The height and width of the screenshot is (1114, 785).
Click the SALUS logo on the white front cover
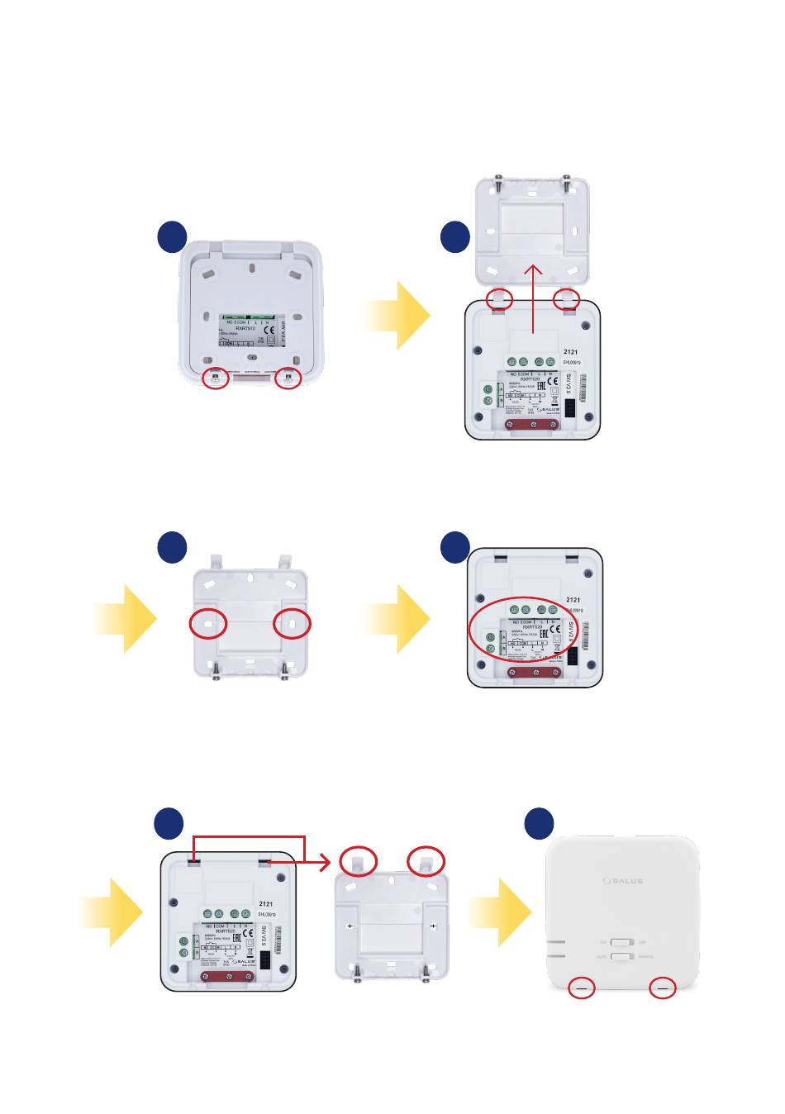pyautogui.click(x=621, y=881)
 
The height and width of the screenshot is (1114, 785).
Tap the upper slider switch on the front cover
pyautogui.click(x=621, y=942)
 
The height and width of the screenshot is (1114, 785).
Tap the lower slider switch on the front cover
pyautogui.click(x=621, y=956)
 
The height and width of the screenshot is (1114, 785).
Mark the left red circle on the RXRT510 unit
pyautogui.click(x=216, y=378)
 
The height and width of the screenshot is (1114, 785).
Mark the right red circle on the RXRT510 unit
pyautogui.click(x=289, y=378)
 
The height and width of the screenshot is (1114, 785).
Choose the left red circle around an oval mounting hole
pyautogui.click(x=208, y=625)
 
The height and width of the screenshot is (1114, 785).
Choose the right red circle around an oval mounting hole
pyautogui.click(x=292, y=625)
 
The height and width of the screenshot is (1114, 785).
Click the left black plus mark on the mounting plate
pyautogui.click(x=350, y=926)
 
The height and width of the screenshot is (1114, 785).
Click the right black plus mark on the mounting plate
pyautogui.click(x=434, y=926)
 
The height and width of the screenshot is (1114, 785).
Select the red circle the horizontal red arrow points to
pyautogui.click(x=359, y=860)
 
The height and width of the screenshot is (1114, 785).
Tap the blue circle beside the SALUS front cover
pyautogui.click(x=540, y=823)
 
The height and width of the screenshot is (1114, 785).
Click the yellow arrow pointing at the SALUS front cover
pyautogui.click(x=499, y=912)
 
